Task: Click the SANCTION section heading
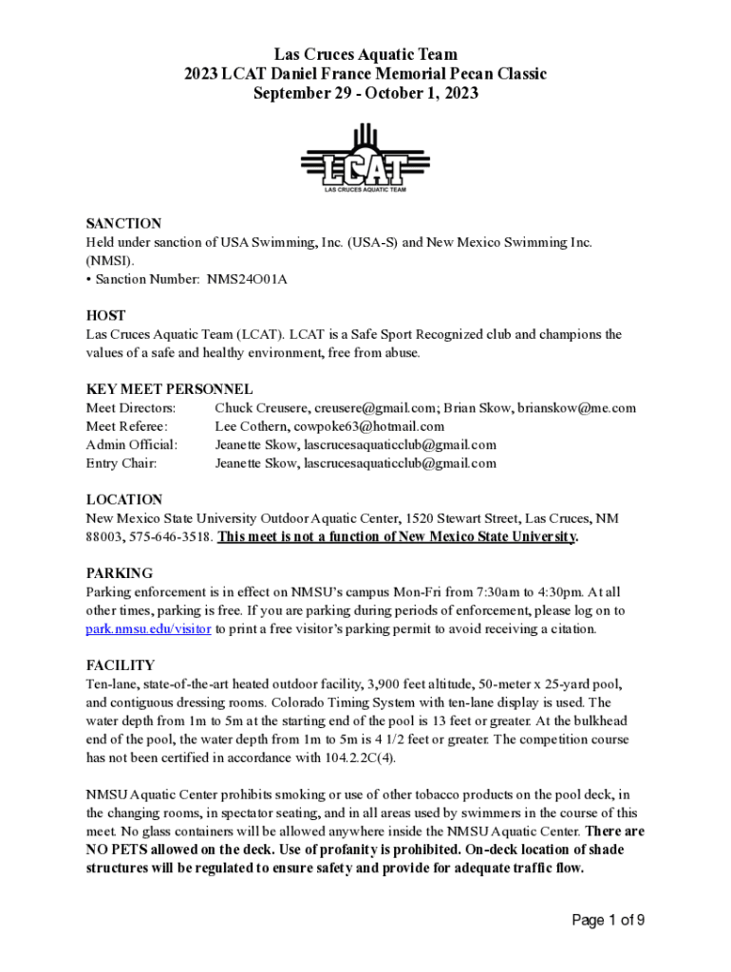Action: pos(123,224)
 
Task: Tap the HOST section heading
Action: pos(106,315)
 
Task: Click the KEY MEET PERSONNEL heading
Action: pos(169,389)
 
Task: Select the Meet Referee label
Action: pos(127,426)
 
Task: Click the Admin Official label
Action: pos(132,444)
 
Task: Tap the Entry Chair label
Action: pos(122,463)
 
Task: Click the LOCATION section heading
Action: pos(124,499)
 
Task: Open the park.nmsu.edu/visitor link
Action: pos(148,628)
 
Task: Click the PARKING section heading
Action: pos(120,573)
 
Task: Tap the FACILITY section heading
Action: pos(121,665)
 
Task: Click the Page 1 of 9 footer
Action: pos(608,920)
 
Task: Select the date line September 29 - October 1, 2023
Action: pos(365,93)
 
